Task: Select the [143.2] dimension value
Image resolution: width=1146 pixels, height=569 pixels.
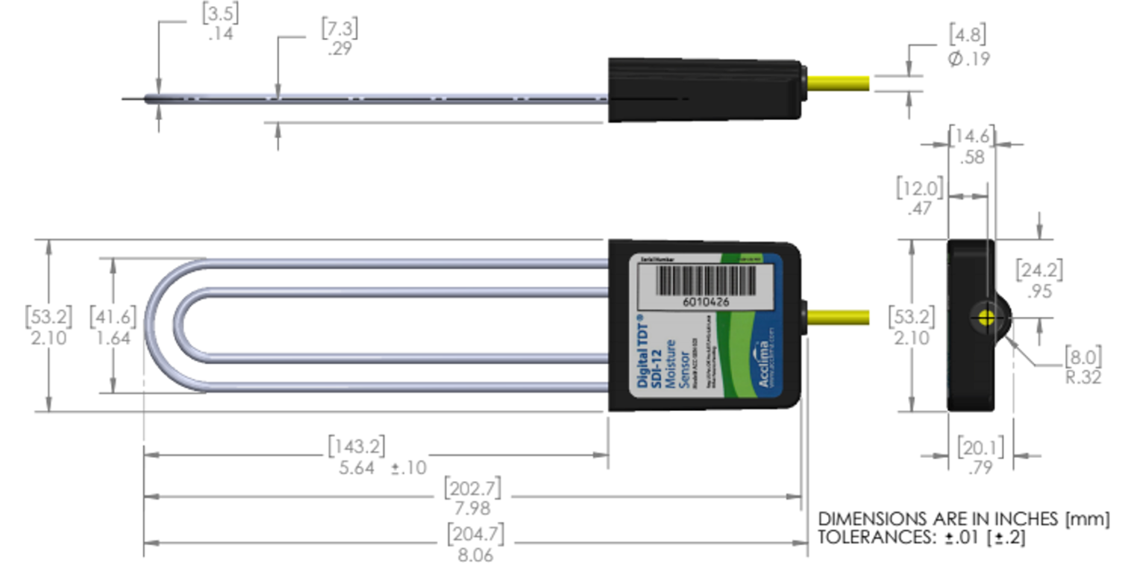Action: pos(357,447)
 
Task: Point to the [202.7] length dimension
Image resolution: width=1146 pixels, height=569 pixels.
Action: pos(472,489)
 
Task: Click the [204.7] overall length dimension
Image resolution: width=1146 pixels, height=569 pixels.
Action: pos(475,534)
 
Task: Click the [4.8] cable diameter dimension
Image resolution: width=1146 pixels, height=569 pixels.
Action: pos(968,35)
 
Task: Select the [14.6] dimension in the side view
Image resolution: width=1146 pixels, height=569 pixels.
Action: pos(971,136)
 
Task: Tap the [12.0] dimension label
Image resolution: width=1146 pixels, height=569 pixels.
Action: pos(920,187)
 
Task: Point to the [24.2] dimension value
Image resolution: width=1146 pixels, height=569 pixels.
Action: pos(1039,270)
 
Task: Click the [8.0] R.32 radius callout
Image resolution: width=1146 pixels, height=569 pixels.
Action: pos(1083,356)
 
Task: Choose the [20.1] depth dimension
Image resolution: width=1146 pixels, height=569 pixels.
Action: pos(980,447)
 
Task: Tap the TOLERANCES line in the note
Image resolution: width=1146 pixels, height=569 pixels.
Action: pos(921,538)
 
